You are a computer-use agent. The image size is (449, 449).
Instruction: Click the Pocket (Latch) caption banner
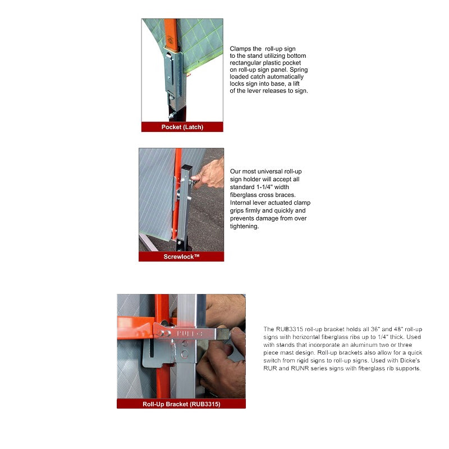(182, 127)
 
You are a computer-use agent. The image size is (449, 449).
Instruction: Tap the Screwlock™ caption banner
(181, 257)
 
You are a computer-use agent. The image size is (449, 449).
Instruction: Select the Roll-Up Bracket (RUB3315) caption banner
(181, 404)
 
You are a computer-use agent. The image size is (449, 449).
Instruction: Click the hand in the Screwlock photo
(209, 175)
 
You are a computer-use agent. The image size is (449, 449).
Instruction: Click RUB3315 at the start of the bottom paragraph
(287, 329)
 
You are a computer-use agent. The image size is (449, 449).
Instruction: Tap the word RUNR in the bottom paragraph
(299, 369)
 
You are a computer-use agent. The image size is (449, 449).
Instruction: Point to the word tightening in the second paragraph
(244, 226)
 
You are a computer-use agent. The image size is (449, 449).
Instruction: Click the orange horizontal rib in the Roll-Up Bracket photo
(135, 326)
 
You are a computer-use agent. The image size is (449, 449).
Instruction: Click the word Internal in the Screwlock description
(242, 203)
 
